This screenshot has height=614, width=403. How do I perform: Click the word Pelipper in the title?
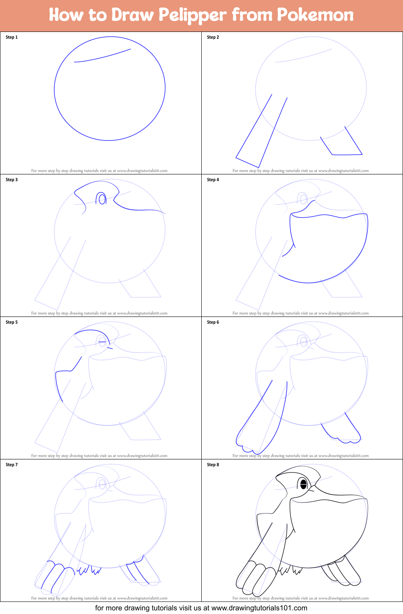tap(193, 15)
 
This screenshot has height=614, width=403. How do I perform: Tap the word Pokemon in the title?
tap(315, 15)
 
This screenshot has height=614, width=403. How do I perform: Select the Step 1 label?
tap(12, 37)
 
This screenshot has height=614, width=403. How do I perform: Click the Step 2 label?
tap(213, 37)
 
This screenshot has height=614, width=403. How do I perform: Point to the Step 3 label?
tap(12, 180)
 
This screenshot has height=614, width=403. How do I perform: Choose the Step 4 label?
tap(213, 180)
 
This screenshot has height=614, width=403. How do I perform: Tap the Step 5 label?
tap(12, 322)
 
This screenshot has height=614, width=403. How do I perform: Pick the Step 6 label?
tap(213, 322)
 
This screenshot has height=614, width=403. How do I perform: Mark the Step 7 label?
tap(12, 465)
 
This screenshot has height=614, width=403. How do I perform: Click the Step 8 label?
tap(213, 465)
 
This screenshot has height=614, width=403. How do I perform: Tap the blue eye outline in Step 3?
tap(101, 199)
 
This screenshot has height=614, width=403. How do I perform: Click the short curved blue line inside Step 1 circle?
tap(103, 56)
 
